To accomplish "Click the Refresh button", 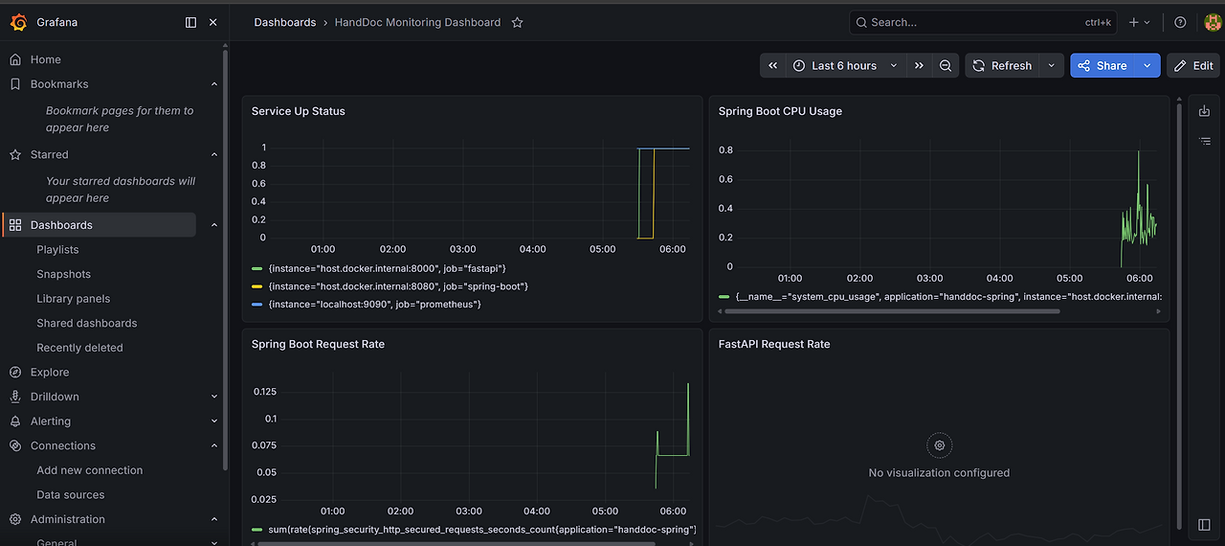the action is click(x=1002, y=66).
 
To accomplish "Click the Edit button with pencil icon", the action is click(x=1193, y=66).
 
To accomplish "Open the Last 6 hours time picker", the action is click(x=845, y=66).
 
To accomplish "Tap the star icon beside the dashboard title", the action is click(x=518, y=22).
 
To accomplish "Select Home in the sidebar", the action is click(x=45, y=59).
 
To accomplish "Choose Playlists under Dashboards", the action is click(x=57, y=249).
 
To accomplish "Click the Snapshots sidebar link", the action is click(x=63, y=274).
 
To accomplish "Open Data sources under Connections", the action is click(x=71, y=494).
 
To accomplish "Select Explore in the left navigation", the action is click(x=50, y=372).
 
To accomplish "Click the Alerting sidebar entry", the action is click(x=51, y=421).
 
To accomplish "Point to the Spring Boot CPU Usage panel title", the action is click(x=780, y=111).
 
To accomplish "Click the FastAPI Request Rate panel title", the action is click(x=774, y=344).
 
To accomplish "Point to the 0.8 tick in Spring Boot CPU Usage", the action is click(x=725, y=149).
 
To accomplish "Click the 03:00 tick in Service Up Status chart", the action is click(x=462, y=249).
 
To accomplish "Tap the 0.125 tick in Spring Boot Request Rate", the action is click(x=265, y=392).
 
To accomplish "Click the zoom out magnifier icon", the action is click(x=945, y=66).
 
